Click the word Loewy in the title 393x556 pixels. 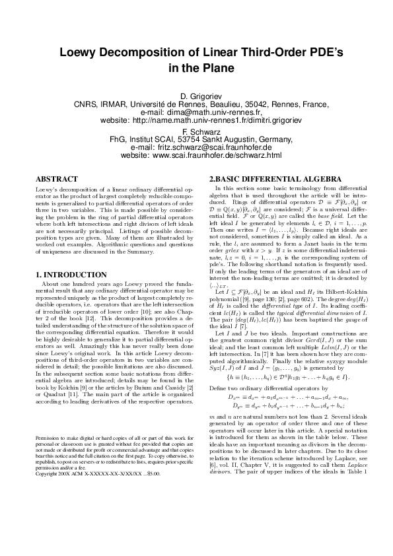click(x=77, y=54)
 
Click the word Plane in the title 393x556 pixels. click(x=217, y=68)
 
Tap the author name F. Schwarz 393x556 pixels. click(x=196, y=131)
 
